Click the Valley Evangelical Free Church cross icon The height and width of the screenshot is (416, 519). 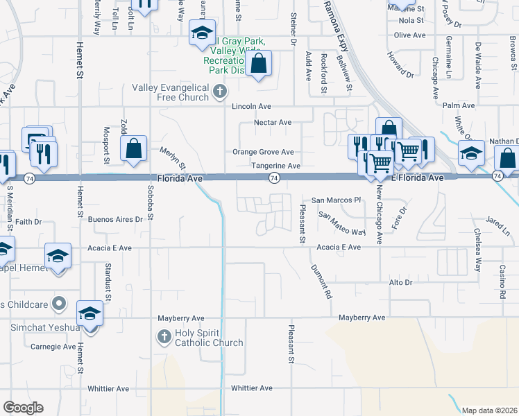[x=219, y=91]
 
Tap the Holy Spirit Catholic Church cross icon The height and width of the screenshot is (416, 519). [x=164, y=337]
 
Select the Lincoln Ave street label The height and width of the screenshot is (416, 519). [x=252, y=107]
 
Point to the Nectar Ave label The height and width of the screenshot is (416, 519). [x=273, y=122]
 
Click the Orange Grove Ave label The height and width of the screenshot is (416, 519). [x=263, y=152]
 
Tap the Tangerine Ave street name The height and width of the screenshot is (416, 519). [x=275, y=166]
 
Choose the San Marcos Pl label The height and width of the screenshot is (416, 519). [x=337, y=200]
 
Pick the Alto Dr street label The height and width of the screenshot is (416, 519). [x=400, y=283]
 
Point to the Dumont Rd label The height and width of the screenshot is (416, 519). [x=320, y=281]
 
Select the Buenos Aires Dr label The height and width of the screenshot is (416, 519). [x=115, y=219]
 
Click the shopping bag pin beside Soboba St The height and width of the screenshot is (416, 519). [x=133, y=148]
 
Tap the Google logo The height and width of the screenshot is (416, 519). [x=23, y=408]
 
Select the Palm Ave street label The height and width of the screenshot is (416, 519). [x=458, y=105]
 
